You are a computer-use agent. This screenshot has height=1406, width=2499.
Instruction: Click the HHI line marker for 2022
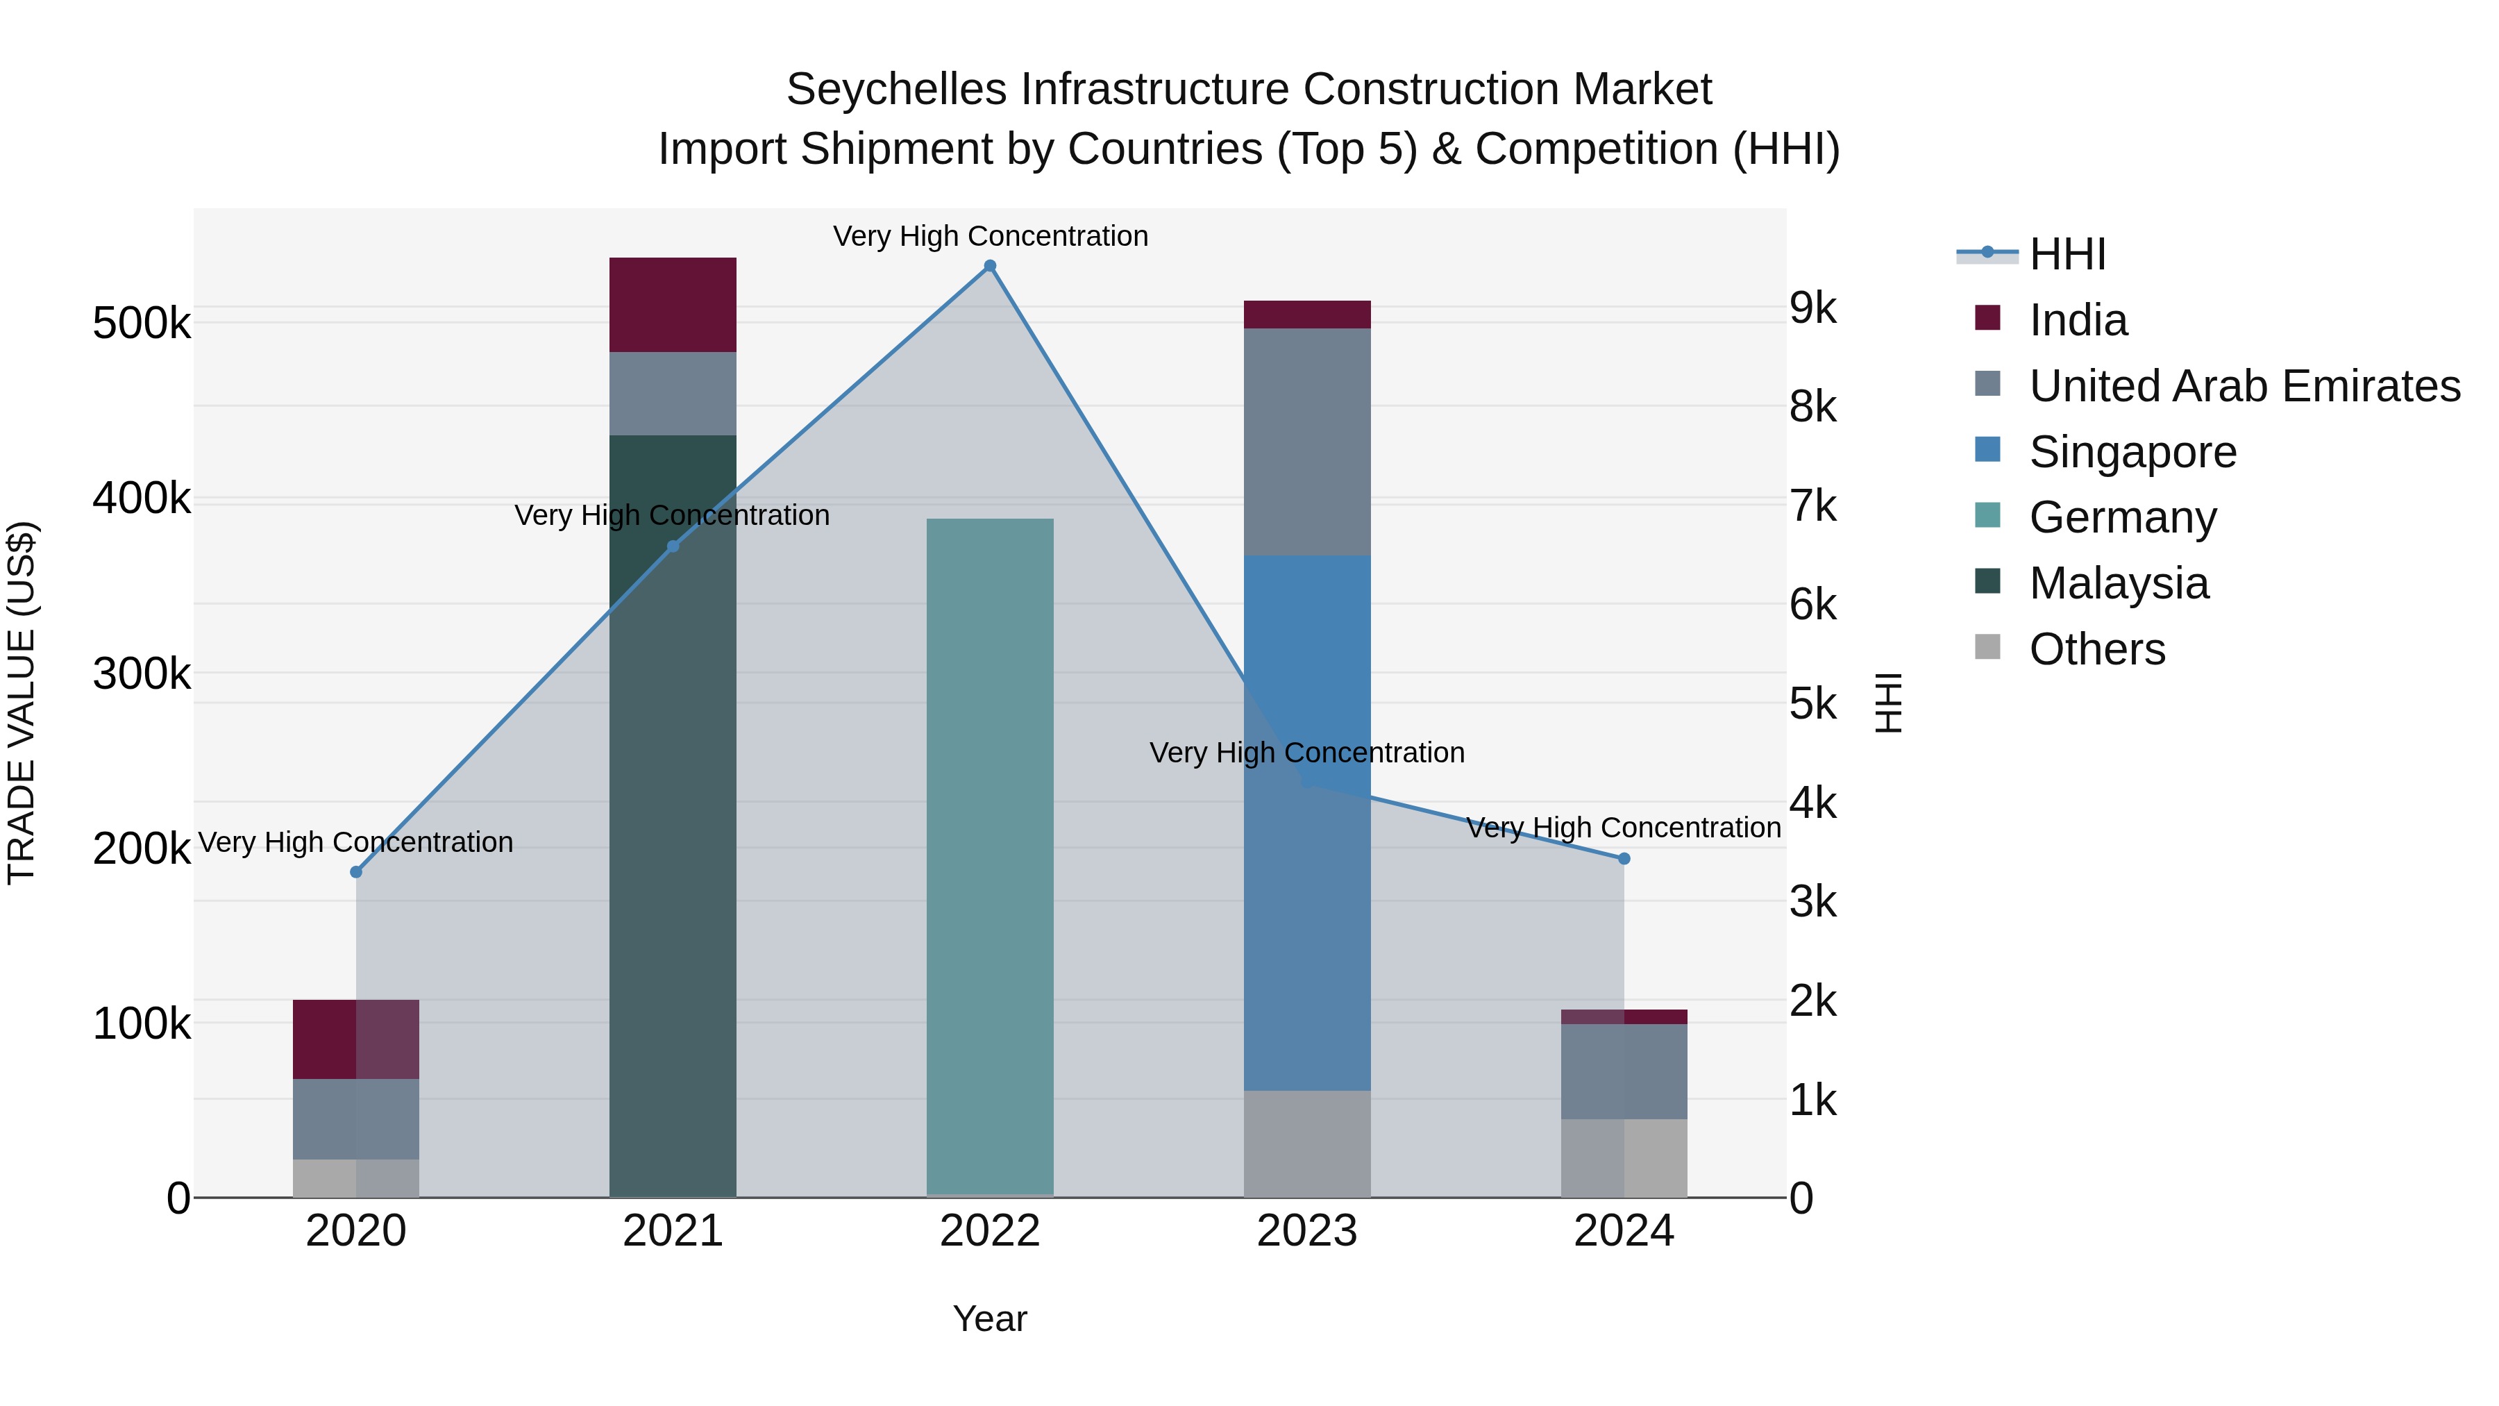[989, 266]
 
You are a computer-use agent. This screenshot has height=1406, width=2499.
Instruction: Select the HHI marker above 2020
[356, 872]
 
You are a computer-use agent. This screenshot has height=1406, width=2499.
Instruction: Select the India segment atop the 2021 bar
[672, 305]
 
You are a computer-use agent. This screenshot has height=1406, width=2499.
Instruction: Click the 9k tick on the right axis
[1813, 308]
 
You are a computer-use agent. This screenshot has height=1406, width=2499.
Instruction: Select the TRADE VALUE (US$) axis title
[22, 703]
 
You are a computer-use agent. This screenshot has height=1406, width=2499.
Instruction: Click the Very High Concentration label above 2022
[989, 237]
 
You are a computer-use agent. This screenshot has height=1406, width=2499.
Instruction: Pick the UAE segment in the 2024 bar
[1624, 1071]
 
